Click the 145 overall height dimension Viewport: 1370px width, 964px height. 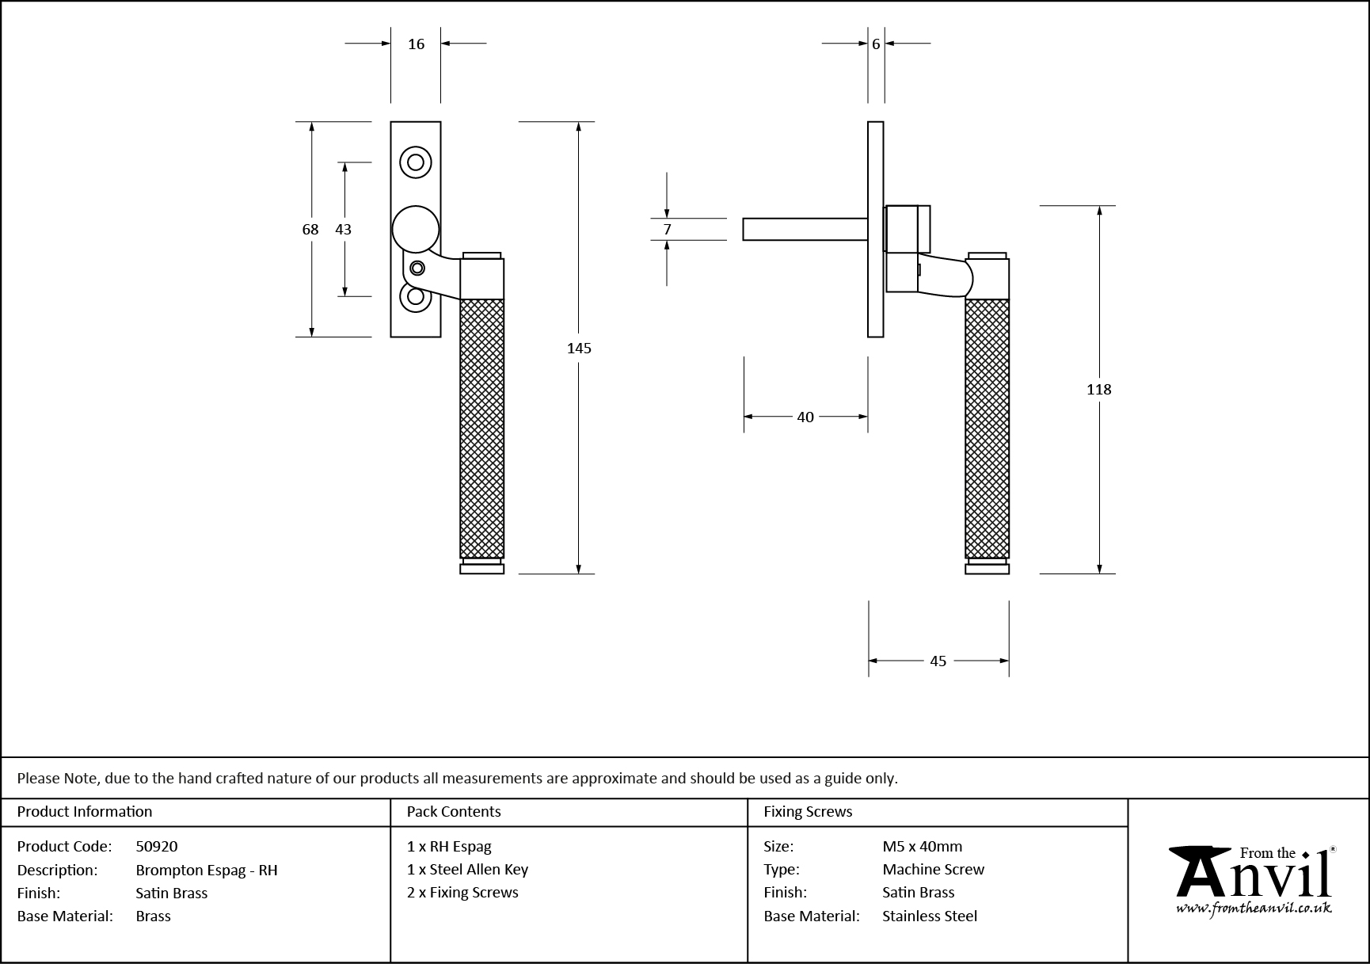click(x=579, y=348)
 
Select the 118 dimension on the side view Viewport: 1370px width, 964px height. click(x=1098, y=389)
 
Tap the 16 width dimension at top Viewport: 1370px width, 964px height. click(x=417, y=44)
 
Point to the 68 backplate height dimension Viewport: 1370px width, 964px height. click(x=310, y=229)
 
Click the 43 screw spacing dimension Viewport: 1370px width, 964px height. click(x=343, y=229)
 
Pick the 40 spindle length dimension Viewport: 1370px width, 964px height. click(x=805, y=417)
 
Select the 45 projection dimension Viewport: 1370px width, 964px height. click(x=938, y=661)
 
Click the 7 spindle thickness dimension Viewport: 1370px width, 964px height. click(x=668, y=229)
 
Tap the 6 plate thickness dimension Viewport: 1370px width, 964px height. click(x=876, y=44)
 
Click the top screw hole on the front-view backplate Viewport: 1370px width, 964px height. click(x=415, y=162)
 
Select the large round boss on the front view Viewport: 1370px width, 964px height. click(x=416, y=229)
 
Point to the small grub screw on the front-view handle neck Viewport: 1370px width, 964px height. click(x=417, y=269)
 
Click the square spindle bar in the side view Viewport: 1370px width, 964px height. click(x=804, y=229)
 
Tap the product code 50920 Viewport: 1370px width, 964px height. click(x=157, y=846)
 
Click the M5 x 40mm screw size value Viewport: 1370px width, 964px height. click(x=923, y=846)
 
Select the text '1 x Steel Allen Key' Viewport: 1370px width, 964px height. click(x=467, y=869)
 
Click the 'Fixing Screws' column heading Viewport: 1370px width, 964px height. click(x=808, y=811)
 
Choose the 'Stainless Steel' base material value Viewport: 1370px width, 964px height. click(x=930, y=916)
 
